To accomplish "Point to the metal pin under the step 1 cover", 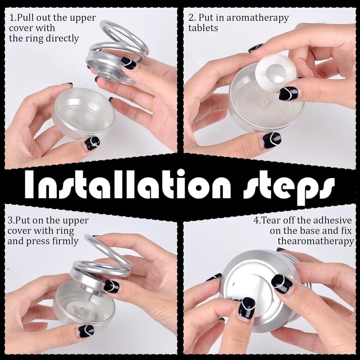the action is (106, 82).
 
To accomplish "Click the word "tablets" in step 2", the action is (203, 28).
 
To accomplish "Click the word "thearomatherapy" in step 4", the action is (315, 242).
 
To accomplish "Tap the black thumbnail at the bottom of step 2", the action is (270, 140).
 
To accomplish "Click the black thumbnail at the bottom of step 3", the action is (86, 331).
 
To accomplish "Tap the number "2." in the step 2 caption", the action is (192, 18).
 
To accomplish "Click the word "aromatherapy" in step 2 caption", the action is (257, 18).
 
